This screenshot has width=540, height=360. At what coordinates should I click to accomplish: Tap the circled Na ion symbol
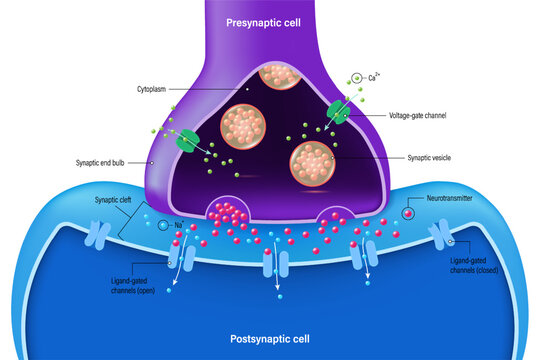click(x=164, y=226)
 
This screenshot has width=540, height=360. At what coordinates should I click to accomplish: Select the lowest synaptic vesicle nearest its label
click(x=310, y=160)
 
